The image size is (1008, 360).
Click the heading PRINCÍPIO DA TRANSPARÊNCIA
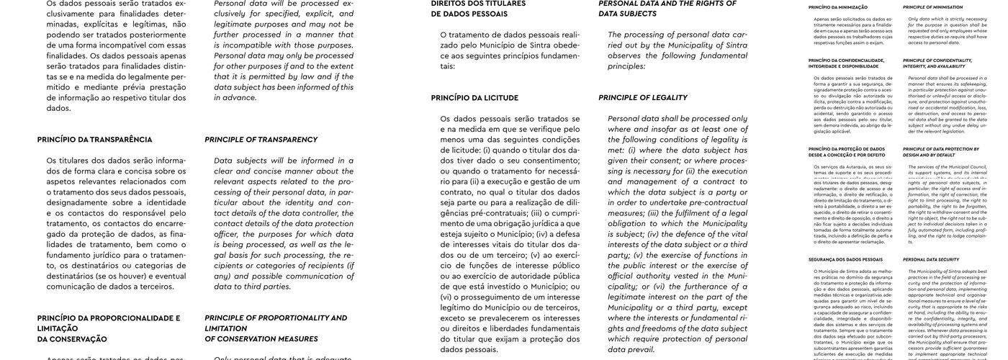pyautogui.click(x=94, y=140)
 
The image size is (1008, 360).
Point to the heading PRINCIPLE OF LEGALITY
pyautogui.click(x=642, y=98)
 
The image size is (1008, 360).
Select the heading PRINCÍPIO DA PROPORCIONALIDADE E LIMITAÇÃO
pyautogui.click(x=108, y=323)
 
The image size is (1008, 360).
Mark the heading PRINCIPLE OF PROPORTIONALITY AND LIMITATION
pyautogui.click(x=275, y=323)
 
